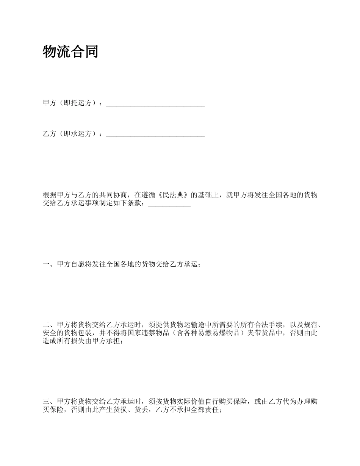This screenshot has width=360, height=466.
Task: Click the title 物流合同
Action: [x=70, y=52]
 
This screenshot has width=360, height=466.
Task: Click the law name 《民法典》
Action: [x=172, y=195]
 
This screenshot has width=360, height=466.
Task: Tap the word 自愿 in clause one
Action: [x=78, y=264]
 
